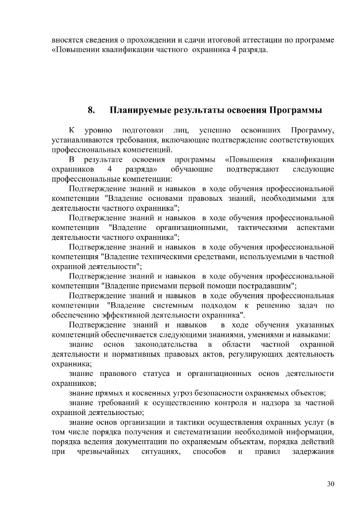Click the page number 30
point(331,483)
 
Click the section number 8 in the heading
point(90,110)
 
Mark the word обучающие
point(192,169)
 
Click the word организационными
point(191,227)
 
